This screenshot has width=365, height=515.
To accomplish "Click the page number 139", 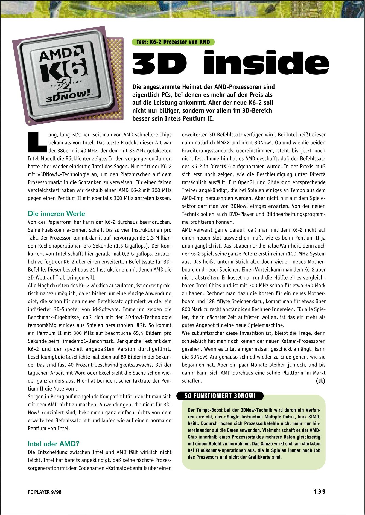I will click(320, 491).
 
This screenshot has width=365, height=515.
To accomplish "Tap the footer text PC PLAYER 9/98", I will click(45, 492).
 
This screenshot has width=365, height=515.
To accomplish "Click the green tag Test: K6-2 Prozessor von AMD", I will click(173, 42).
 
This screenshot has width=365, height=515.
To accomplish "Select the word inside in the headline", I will click(266, 63).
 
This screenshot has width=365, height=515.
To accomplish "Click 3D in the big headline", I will click(160, 63).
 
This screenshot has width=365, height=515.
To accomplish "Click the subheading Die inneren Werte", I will click(56, 214).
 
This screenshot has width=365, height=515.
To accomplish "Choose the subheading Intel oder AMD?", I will click(54, 444).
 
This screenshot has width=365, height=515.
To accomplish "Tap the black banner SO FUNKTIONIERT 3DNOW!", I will click(220, 396).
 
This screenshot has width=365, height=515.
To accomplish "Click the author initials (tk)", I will click(320, 381).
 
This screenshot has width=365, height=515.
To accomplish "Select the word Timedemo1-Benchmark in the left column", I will click(91, 341).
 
